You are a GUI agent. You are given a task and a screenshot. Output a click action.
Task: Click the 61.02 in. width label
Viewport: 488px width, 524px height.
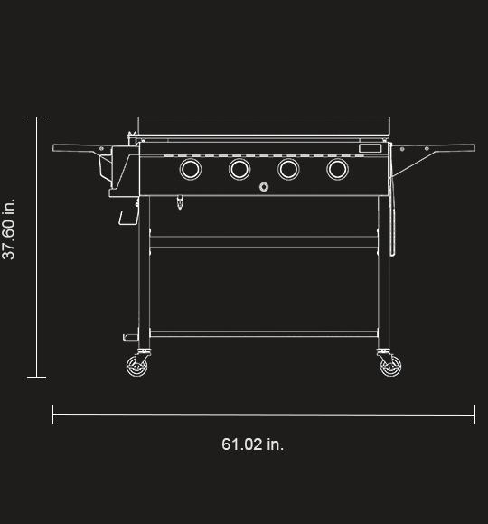click(x=252, y=444)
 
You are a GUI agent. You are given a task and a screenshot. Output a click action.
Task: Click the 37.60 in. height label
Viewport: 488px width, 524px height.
click(x=9, y=229)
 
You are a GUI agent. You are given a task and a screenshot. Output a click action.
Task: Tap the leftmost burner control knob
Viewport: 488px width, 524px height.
click(x=191, y=169)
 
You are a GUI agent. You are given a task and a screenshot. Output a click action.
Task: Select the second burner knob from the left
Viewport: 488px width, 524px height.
click(x=239, y=169)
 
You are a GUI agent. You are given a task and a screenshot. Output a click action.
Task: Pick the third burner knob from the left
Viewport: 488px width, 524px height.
click(x=288, y=169)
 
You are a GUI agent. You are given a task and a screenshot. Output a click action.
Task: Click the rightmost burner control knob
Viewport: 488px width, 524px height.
click(x=338, y=169)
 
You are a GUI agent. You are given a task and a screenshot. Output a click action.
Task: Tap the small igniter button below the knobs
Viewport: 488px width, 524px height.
click(x=264, y=187)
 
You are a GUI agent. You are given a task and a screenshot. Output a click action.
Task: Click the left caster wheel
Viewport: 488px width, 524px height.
click(x=136, y=366)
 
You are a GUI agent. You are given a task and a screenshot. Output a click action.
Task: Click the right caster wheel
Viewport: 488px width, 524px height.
click(x=391, y=366)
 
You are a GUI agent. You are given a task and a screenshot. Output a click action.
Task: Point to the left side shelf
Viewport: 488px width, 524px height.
click(x=82, y=147)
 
